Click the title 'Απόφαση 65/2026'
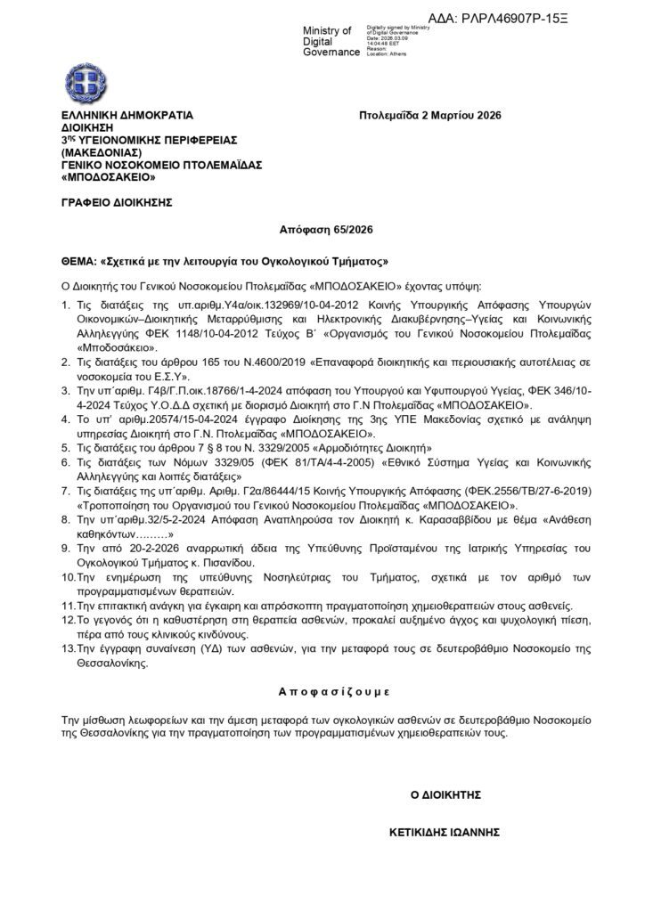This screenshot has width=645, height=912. tap(321, 231)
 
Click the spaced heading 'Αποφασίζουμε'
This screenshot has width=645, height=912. tap(322, 690)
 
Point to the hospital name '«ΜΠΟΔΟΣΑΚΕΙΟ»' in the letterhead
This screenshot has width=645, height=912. tap(103, 177)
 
